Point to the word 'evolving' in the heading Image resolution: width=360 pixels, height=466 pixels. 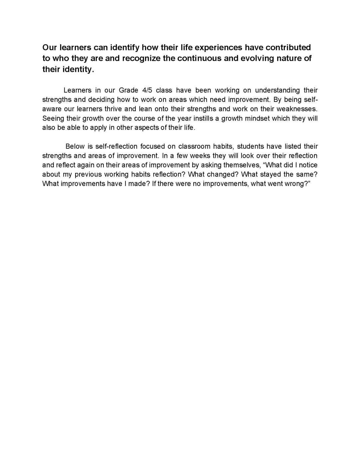[257, 58]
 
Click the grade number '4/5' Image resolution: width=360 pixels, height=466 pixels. [147, 90]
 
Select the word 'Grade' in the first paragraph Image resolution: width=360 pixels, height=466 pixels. [128, 90]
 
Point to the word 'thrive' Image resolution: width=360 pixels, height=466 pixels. [113, 109]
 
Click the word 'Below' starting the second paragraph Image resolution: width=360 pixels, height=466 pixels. [75, 146]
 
